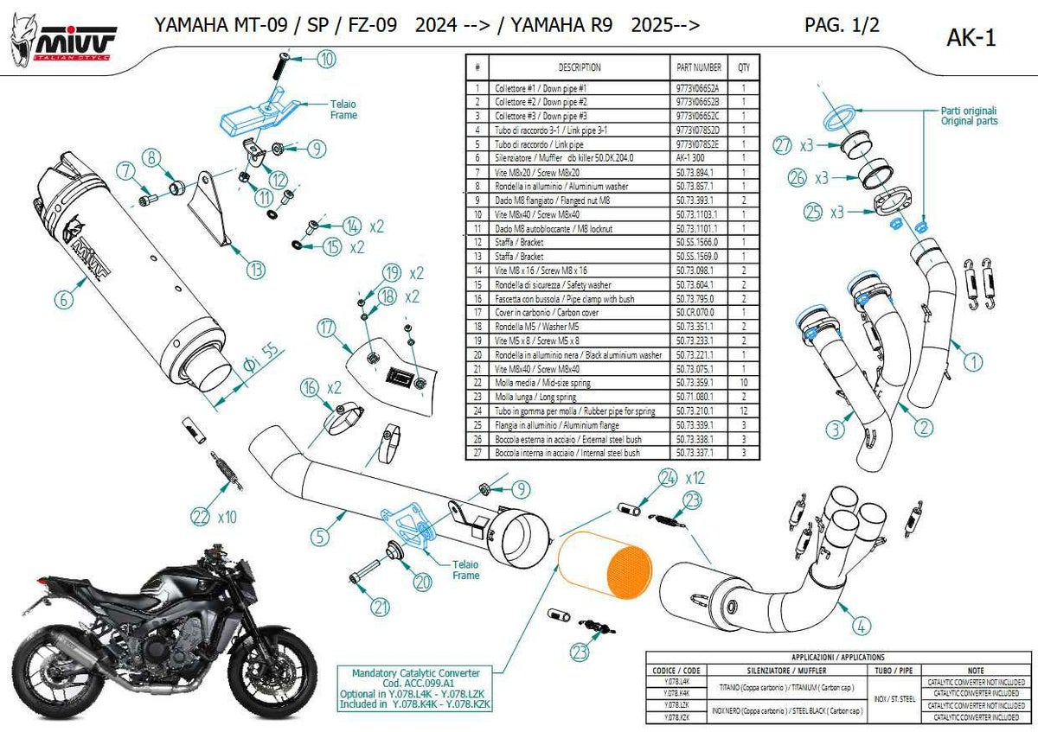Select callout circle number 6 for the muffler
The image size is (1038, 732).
click(62, 301)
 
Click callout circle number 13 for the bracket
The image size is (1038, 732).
click(255, 271)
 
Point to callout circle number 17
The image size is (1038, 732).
click(325, 328)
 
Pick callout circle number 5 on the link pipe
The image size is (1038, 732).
click(321, 537)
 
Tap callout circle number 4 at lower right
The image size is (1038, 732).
click(860, 623)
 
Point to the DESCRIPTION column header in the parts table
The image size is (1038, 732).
click(579, 67)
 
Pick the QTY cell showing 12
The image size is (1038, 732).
click(743, 411)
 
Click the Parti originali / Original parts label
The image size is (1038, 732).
click(969, 116)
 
